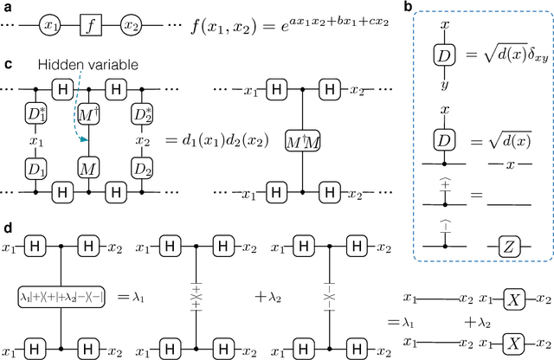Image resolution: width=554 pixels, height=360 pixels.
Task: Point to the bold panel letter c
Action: (x=8, y=64)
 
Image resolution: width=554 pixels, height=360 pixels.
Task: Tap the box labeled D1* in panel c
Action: (x=35, y=115)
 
